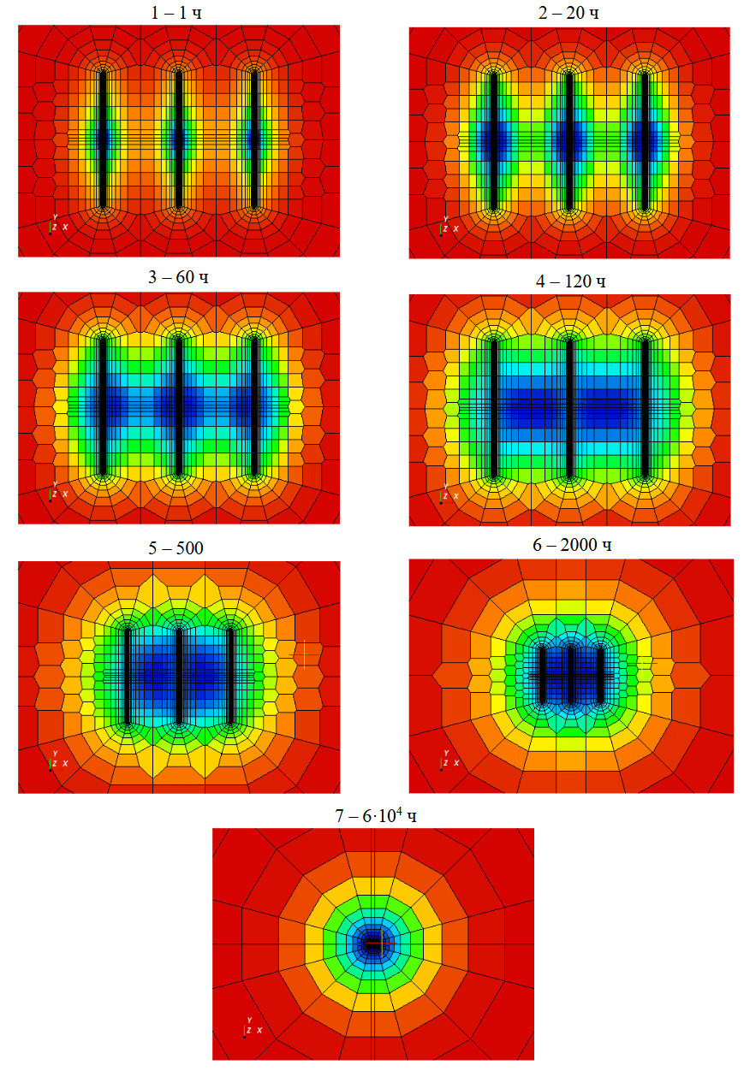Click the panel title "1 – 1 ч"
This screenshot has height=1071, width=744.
(179, 12)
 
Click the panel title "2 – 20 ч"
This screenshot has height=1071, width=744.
(569, 12)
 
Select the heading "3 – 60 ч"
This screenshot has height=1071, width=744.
(178, 279)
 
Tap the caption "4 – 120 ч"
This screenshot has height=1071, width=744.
(569, 281)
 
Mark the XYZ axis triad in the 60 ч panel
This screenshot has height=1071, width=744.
(57, 493)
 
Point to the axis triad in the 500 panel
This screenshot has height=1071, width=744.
(57, 760)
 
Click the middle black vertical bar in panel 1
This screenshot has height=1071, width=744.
(178, 139)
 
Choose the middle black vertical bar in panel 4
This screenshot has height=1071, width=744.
(569, 408)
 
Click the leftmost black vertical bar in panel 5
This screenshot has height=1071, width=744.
(127, 676)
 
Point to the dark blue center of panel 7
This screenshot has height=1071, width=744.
(373, 944)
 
